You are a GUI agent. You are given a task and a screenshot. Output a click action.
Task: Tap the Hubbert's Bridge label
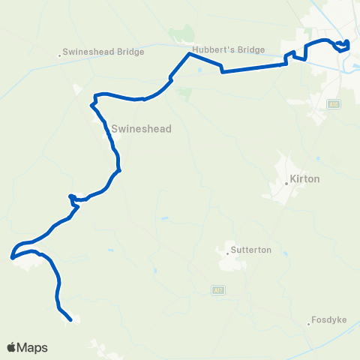[229, 50]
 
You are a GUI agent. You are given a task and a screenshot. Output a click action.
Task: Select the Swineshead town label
[141, 129]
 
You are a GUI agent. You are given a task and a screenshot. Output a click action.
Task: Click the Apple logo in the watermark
[13, 347]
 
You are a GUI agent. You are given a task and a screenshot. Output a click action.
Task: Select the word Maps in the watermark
[34, 347]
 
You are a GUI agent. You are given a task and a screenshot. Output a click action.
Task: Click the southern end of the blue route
[70, 320]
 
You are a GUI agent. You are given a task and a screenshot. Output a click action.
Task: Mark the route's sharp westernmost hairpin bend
[12, 257]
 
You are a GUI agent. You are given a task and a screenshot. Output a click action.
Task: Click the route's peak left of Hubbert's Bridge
[188, 54]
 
